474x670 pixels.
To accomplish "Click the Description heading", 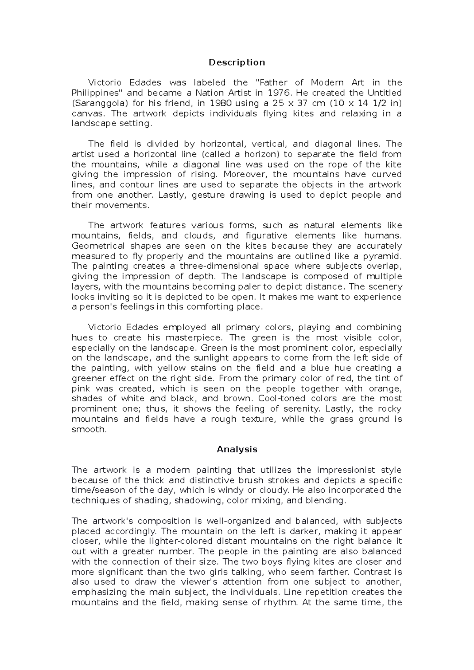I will (237, 62).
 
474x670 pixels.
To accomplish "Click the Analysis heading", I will (237, 449).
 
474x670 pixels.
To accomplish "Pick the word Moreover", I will (245, 174).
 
